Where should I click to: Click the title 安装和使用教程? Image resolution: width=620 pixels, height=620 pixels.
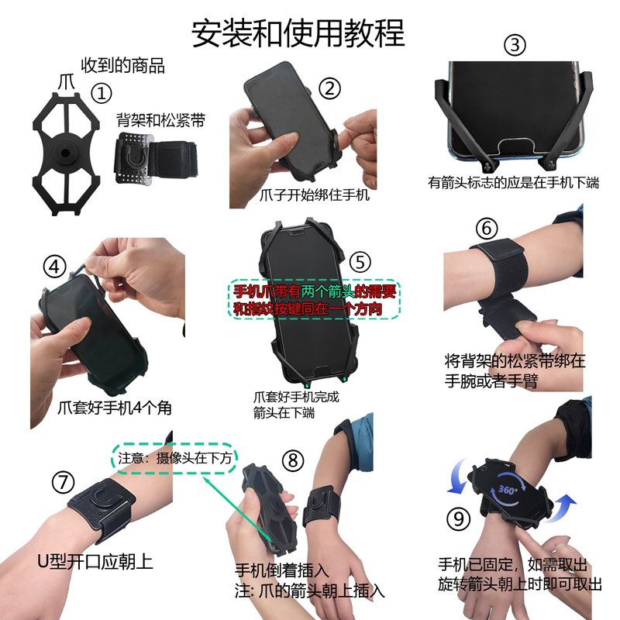[x=298, y=33]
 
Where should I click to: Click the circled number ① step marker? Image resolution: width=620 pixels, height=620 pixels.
[x=102, y=93]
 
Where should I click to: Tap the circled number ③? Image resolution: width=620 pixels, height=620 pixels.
[x=515, y=45]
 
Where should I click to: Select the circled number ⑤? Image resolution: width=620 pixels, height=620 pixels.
[x=360, y=262]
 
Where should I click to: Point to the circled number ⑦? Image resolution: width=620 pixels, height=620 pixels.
[x=64, y=482]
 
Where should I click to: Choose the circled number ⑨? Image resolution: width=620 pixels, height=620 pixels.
[x=458, y=518]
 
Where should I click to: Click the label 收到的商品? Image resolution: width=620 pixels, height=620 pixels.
[x=123, y=66]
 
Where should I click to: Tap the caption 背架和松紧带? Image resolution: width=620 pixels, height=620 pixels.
[x=160, y=120]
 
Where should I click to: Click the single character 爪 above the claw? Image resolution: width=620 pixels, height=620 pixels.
[x=67, y=83]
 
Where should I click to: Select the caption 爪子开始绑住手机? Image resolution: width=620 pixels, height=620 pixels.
[x=315, y=195]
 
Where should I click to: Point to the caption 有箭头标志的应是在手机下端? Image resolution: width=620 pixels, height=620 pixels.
[x=513, y=183]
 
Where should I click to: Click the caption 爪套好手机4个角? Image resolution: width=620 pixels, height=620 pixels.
[x=115, y=408]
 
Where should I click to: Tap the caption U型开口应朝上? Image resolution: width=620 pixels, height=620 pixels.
[x=95, y=561]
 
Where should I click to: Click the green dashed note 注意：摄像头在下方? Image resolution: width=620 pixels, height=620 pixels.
[x=174, y=458]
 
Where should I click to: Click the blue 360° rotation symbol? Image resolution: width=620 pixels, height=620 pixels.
[x=508, y=490]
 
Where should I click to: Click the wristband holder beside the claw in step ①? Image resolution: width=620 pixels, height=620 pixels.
[x=156, y=159]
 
